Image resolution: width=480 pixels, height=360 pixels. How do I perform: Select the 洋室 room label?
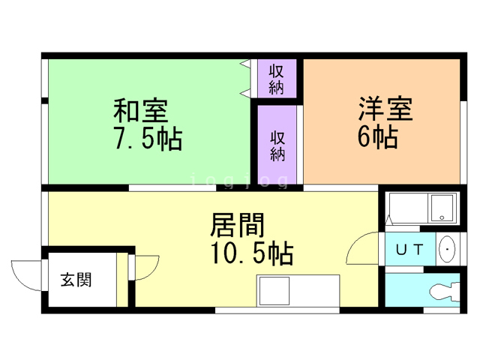[385, 109]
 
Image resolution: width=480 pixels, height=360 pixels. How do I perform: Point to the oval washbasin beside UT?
[446, 247]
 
